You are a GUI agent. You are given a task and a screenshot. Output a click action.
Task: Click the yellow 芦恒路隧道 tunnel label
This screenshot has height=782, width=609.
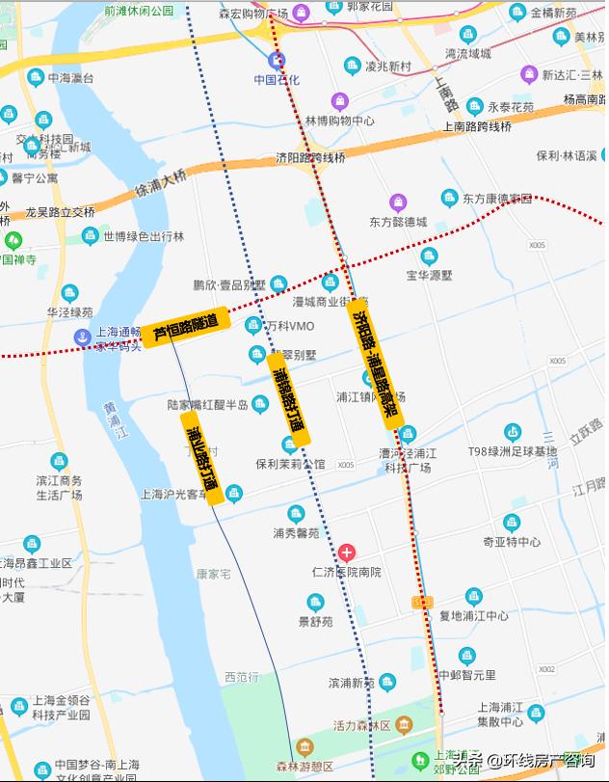tap(187, 327)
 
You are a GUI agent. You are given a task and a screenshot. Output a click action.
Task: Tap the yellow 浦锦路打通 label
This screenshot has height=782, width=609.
tap(289, 398)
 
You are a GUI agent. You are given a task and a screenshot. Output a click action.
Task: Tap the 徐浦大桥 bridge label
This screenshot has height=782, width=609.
tap(160, 181)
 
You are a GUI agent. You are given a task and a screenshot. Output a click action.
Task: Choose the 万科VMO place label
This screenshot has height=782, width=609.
tap(289, 326)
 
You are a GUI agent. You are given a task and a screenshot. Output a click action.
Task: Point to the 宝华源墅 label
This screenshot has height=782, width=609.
tap(429, 275)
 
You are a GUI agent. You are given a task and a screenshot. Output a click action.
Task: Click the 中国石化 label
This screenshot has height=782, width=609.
tap(277, 80)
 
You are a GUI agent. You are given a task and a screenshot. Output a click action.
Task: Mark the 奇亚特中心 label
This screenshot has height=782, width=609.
tap(512, 542)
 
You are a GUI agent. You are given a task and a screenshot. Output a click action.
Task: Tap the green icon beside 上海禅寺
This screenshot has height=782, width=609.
tap(13, 240)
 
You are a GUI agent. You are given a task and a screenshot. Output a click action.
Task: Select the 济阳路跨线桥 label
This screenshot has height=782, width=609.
tap(309, 157)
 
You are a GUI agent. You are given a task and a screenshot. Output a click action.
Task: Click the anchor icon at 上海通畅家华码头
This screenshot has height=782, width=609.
tap(83, 335)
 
